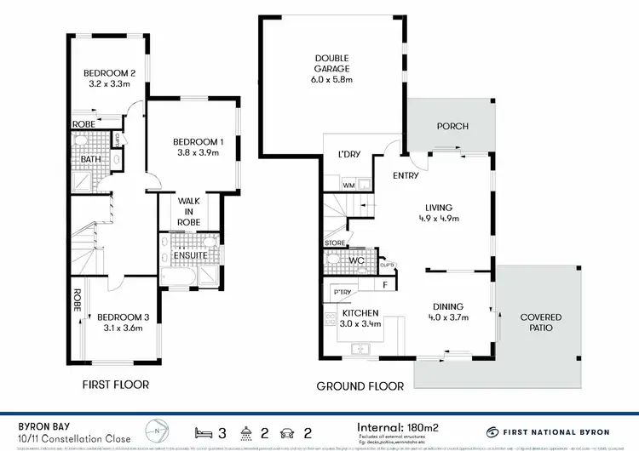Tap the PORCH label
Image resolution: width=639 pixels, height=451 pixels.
(x=452, y=127)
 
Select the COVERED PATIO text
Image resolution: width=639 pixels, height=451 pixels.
(x=541, y=322)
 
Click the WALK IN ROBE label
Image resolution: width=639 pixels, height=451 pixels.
(x=188, y=210)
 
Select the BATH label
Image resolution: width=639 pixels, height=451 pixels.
(x=89, y=159)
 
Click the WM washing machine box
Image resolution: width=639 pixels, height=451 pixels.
(x=348, y=185)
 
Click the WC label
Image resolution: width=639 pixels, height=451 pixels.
(x=356, y=260)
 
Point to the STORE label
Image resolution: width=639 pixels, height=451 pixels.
(x=335, y=244)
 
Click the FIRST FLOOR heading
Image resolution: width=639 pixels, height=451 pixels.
(x=115, y=385)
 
